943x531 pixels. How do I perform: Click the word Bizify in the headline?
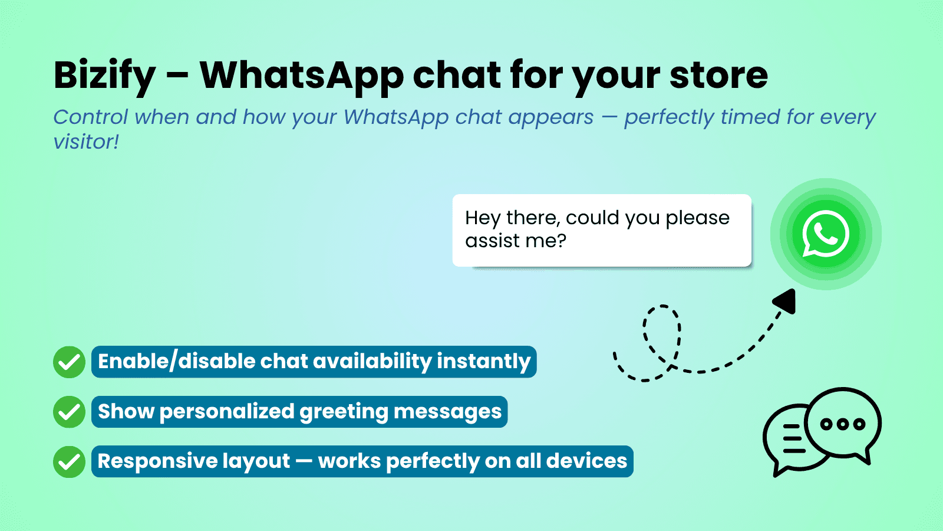click(105, 76)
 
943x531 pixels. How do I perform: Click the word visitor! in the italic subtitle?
click(86, 142)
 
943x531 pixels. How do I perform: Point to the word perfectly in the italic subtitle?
click(669, 117)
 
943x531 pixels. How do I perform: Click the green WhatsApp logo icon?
click(826, 234)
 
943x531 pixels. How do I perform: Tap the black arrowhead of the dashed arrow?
click(786, 301)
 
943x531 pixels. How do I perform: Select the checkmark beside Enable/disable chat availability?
click(70, 362)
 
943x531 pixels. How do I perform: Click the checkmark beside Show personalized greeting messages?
click(70, 412)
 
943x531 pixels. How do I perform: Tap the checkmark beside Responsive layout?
click(70, 461)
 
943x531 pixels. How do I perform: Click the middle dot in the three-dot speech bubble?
click(843, 424)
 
